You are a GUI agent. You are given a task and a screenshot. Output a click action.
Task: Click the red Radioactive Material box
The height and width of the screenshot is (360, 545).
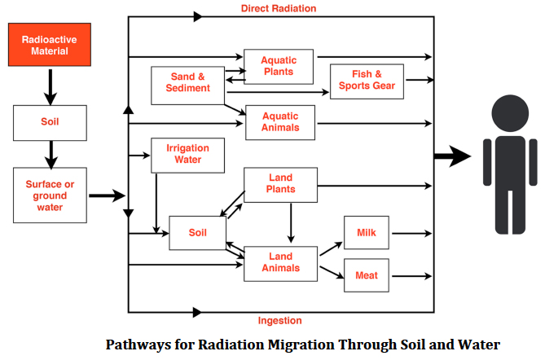(50, 46)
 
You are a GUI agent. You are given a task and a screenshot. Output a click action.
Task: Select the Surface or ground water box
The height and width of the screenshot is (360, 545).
(50, 195)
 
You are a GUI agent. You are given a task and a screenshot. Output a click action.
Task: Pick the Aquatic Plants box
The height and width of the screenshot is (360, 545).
(279, 66)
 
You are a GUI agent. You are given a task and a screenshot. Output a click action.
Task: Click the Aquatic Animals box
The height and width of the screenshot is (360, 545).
(279, 121)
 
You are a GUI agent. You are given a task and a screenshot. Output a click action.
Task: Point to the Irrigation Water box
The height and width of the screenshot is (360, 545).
(187, 154)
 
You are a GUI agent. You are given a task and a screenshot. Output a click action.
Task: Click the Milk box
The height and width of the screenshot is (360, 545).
(367, 233)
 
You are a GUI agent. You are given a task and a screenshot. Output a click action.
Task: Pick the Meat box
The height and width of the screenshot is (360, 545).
(367, 275)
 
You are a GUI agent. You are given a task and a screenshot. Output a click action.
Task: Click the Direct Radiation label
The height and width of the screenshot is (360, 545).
(279, 8)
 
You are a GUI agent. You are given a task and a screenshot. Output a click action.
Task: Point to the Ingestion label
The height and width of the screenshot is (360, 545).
(279, 320)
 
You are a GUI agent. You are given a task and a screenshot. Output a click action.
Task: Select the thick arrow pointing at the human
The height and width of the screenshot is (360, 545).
(452, 156)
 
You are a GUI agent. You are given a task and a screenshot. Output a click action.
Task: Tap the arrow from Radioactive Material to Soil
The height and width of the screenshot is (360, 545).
(50, 86)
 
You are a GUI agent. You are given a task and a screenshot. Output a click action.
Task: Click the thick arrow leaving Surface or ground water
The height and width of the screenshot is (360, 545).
(105, 195)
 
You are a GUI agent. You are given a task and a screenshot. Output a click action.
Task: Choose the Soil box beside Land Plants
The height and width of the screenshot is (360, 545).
(197, 233)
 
